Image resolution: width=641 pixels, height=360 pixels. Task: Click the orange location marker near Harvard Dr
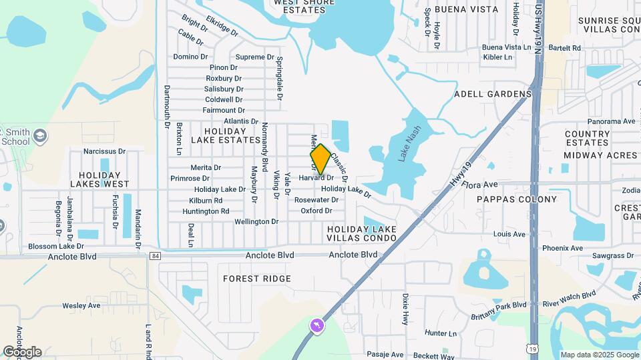320,159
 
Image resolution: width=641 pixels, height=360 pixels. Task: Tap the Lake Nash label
410,144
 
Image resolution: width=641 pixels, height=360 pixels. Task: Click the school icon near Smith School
40,136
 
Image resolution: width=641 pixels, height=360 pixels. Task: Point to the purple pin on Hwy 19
316,326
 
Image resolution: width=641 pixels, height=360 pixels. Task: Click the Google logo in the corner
22,352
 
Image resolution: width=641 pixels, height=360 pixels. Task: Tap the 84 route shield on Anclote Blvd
156,255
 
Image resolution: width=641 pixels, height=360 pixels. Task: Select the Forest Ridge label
257,279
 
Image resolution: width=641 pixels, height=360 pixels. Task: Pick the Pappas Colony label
517,199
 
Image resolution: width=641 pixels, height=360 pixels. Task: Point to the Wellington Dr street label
256,221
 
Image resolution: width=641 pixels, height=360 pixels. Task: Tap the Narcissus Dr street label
104,151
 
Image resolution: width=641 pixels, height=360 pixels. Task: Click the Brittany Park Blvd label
498,305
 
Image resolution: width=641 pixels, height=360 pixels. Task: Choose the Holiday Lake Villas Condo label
362,233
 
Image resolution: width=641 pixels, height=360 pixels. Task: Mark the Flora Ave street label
481,184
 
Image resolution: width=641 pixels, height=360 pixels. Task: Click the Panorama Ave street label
611,121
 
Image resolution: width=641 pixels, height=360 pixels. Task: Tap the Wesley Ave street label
81,305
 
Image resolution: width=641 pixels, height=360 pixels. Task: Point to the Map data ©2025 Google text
599,355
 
